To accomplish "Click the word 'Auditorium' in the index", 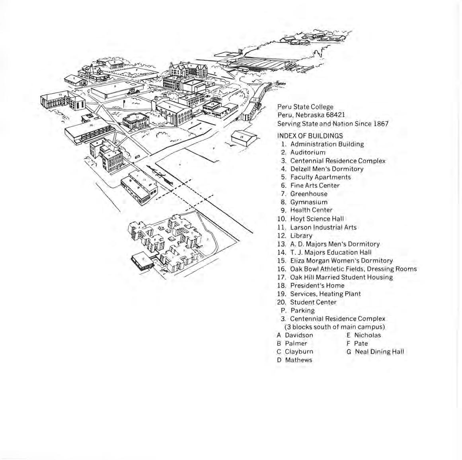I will click(308, 153).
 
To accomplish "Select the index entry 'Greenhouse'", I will click(309, 194).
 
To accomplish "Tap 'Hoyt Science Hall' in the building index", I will click(317, 219).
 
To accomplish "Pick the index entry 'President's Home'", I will click(317, 286).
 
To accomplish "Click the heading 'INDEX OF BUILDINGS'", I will click(310, 136).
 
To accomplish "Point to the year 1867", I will click(381, 123).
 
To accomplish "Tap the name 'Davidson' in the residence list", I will click(299, 335).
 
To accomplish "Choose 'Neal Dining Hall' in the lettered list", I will click(379, 352).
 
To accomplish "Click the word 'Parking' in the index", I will click(302, 311).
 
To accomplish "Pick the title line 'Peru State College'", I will click(305, 107).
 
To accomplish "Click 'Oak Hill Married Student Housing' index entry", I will click(341, 277).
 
